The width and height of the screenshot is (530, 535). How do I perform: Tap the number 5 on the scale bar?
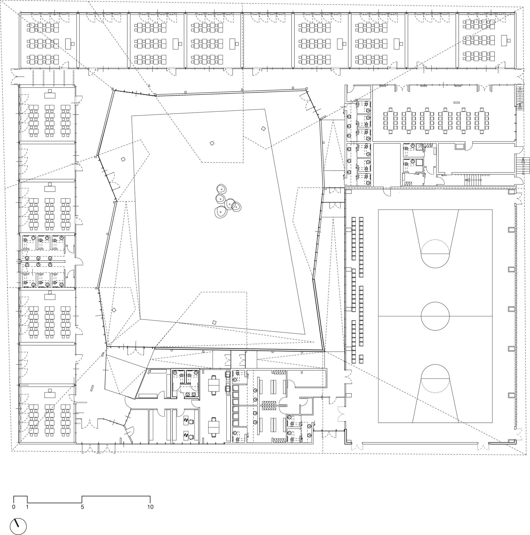point(82,507)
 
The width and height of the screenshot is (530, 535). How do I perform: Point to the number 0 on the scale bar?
point(14,507)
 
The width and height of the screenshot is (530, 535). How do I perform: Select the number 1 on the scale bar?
point(27,507)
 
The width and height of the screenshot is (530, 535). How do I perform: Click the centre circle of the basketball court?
point(435,316)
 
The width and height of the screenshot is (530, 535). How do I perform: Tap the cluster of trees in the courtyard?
point(228,200)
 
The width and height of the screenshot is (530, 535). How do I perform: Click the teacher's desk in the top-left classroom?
point(70,44)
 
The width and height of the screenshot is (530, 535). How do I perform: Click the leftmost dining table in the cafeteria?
point(390,120)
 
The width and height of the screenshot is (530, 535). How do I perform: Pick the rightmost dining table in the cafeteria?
point(481,120)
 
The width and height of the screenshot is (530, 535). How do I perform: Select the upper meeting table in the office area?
point(213,385)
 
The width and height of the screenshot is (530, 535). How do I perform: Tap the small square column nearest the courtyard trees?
point(212,143)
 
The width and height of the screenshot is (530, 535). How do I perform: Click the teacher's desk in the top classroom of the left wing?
point(50,94)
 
